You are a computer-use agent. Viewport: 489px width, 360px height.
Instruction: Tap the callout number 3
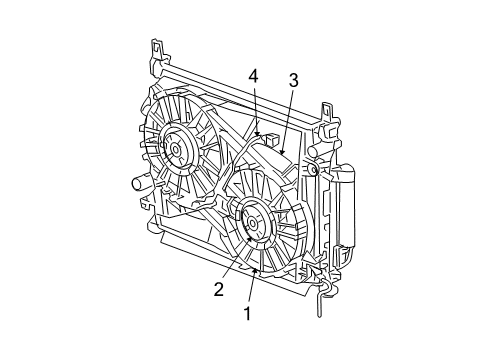click(294, 80)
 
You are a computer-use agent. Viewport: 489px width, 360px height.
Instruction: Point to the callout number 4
click(254, 76)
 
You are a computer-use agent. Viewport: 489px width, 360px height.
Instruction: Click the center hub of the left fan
click(176, 149)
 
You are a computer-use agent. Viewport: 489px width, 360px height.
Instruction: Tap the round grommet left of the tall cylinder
click(314, 171)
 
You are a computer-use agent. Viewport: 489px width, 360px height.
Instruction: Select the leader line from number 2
click(233, 264)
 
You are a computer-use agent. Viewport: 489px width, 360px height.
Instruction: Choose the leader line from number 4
click(256, 105)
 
